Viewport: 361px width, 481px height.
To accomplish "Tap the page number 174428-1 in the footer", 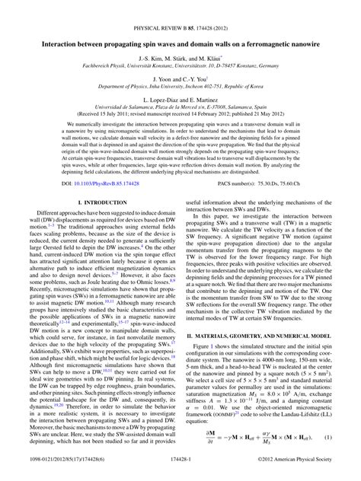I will [x=180, y=472].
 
